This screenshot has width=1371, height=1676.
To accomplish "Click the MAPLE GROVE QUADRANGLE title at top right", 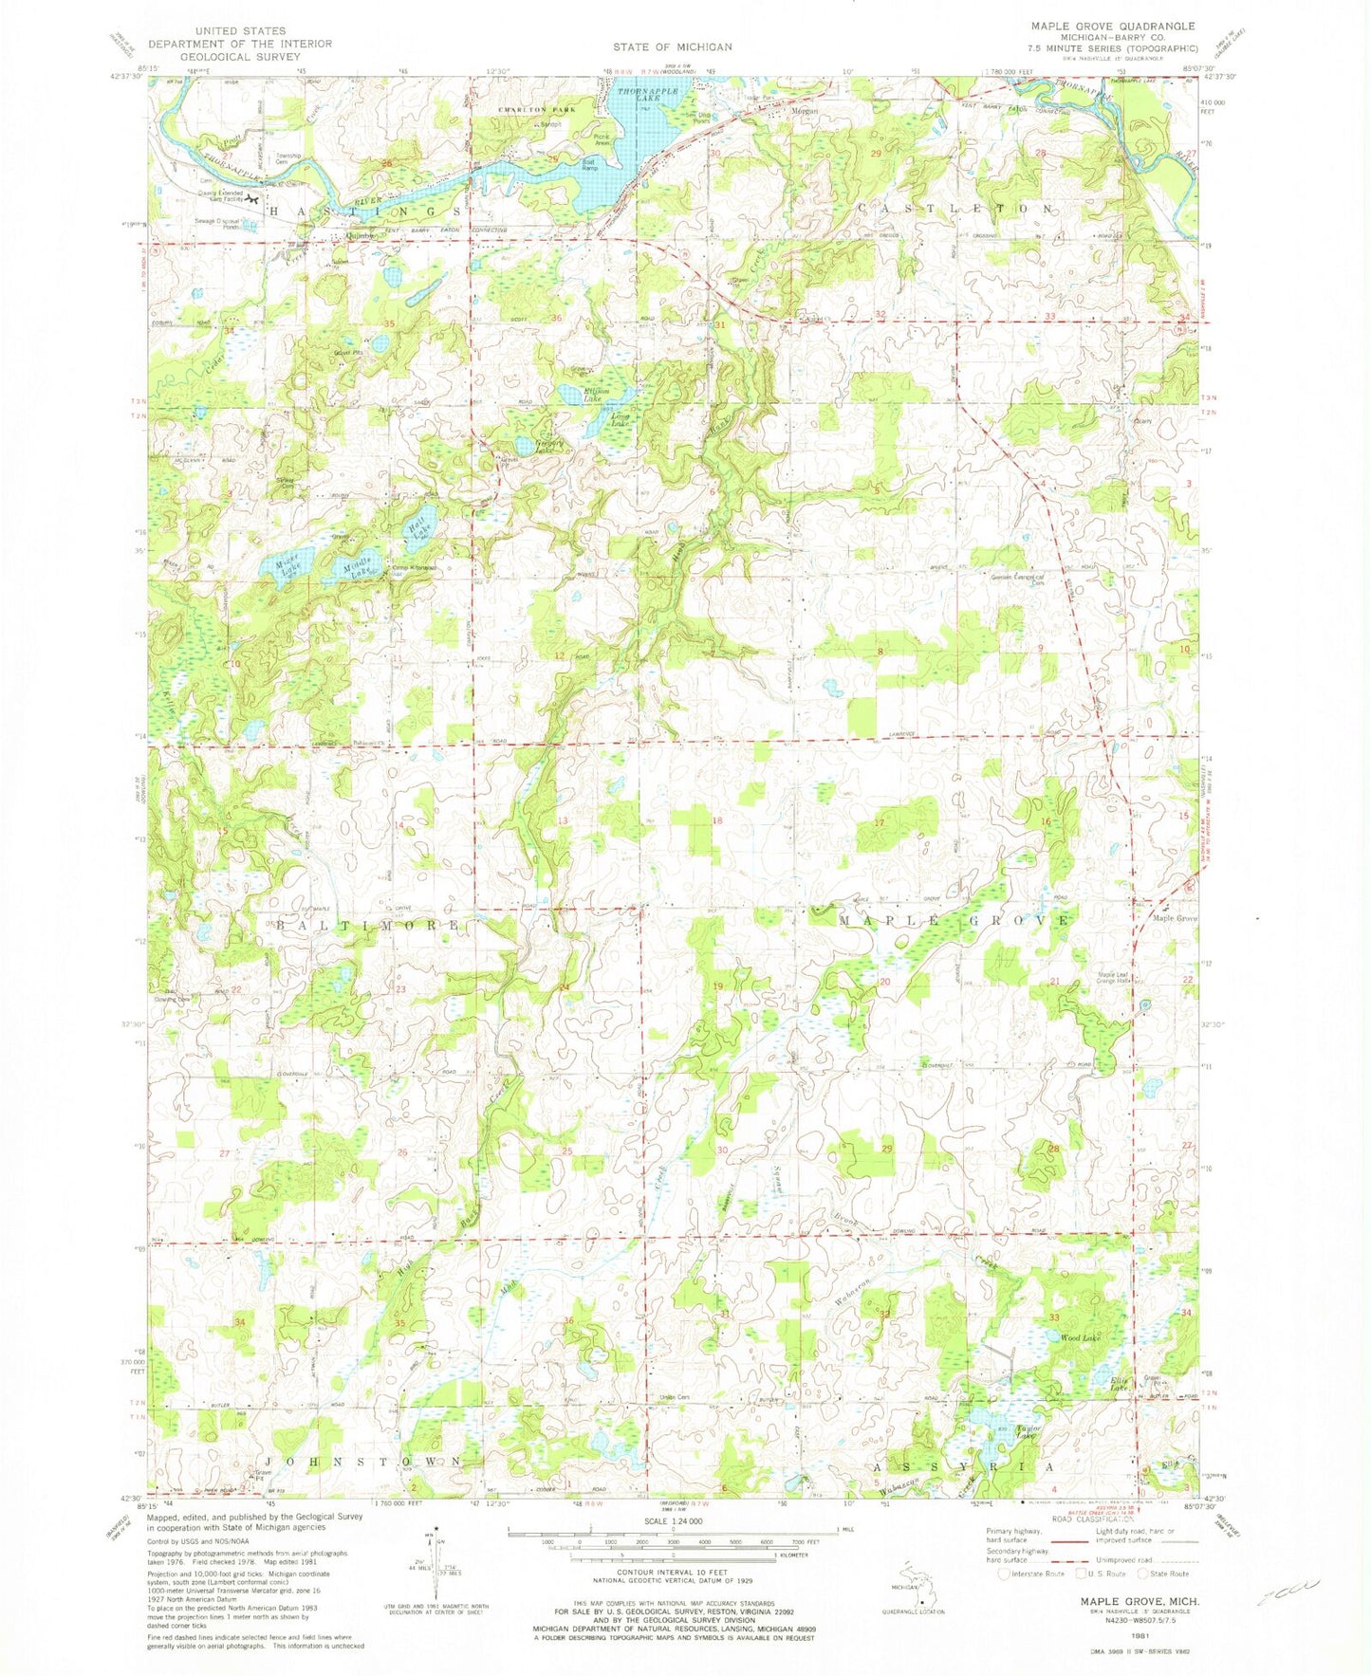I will (x=1100, y=26).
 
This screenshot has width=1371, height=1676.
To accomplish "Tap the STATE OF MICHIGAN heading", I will (x=672, y=46).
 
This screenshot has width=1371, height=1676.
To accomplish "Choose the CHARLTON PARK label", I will (x=530, y=111).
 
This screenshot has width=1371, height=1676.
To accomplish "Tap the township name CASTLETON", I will (x=955, y=208).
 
